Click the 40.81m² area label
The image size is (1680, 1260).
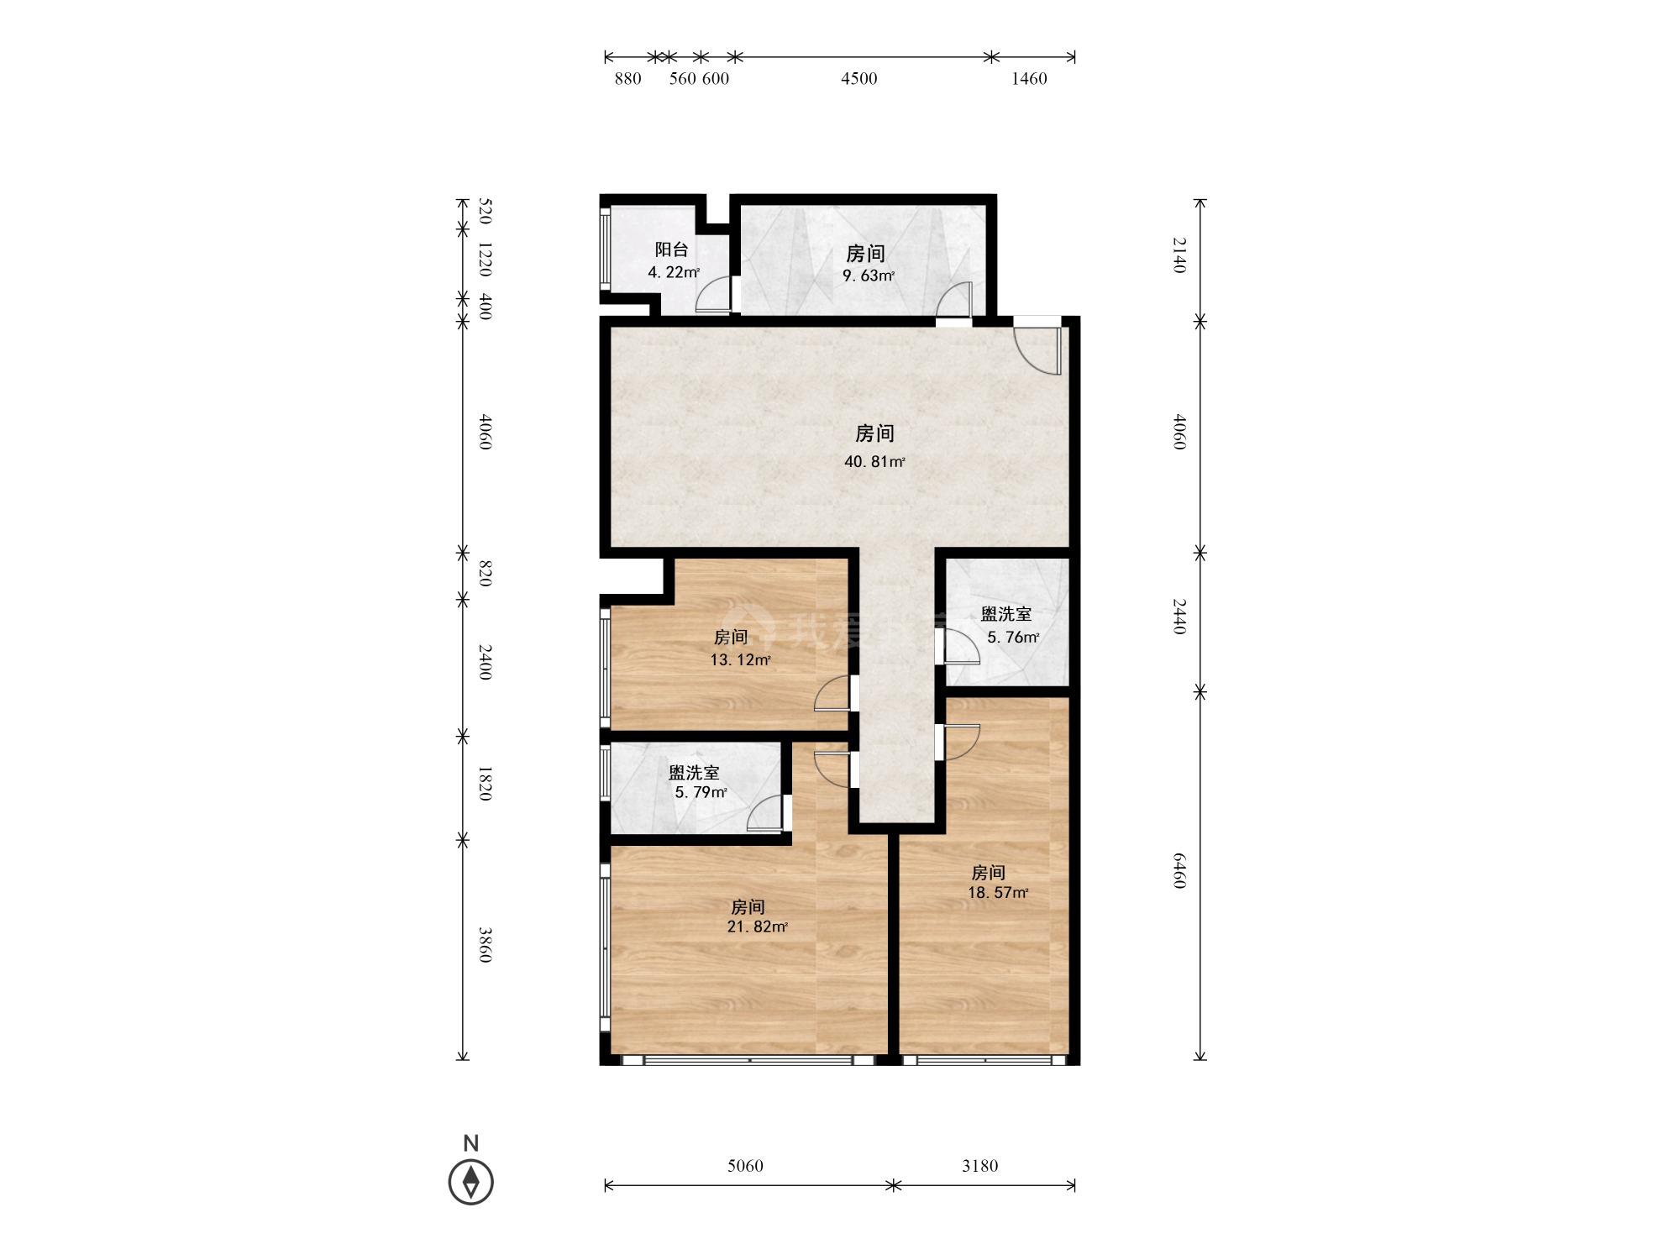coord(874,462)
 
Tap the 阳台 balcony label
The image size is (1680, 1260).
coord(671,249)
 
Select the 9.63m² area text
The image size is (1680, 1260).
coord(869,276)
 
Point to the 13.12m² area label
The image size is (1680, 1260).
coord(740,660)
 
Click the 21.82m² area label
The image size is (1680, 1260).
coord(757,927)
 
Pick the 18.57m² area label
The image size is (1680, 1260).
coord(998,893)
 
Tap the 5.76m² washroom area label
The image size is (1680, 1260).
coord(1013,638)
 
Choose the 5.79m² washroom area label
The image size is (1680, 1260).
coord(701,793)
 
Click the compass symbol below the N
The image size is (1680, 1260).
coord(470,1182)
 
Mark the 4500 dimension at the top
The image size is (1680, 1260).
coord(859,79)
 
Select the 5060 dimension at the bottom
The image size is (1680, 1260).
coord(745,1166)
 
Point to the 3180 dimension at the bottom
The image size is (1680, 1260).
coord(979,1166)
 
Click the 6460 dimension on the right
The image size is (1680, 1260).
coord(1179,870)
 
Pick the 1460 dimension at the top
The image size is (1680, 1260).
coord(1029,79)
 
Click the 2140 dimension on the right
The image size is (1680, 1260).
coord(1179,255)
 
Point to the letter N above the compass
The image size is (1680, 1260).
coord(470,1143)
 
